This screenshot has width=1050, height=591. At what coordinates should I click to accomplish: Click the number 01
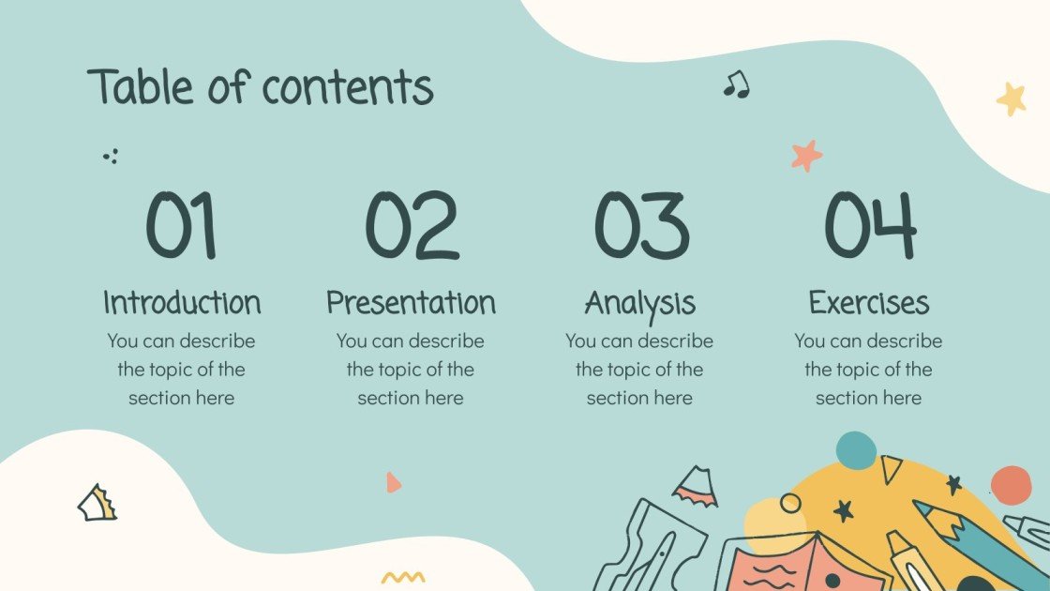(x=181, y=225)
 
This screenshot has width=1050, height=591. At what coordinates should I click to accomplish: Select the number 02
(x=411, y=225)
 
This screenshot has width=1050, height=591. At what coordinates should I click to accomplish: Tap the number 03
(x=640, y=225)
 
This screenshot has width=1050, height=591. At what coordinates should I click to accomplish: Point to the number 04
(x=869, y=225)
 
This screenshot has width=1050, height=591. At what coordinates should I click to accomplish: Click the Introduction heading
(x=181, y=302)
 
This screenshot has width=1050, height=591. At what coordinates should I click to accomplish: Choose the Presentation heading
(x=411, y=302)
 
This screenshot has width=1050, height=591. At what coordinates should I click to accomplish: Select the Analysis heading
(x=640, y=302)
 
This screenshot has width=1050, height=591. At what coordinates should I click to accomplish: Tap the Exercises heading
(x=869, y=302)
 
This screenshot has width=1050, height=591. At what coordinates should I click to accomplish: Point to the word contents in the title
(x=347, y=88)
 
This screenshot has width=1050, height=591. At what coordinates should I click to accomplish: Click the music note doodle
(x=736, y=84)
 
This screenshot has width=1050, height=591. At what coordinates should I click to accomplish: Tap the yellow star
(x=1011, y=98)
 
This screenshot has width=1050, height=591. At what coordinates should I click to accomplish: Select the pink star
(x=805, y=155)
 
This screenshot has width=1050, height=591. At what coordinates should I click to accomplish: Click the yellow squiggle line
(x=403, y=577)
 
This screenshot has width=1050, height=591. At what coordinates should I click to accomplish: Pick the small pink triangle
(x=393, y=482)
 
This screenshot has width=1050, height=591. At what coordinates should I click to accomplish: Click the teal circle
(x=855, y=450)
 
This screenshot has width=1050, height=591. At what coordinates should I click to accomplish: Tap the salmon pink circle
(x=1011, y=484)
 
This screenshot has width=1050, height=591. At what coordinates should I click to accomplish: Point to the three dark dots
(x=111, y=156)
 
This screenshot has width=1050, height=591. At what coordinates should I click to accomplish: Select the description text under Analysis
(x=639, y=369)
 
